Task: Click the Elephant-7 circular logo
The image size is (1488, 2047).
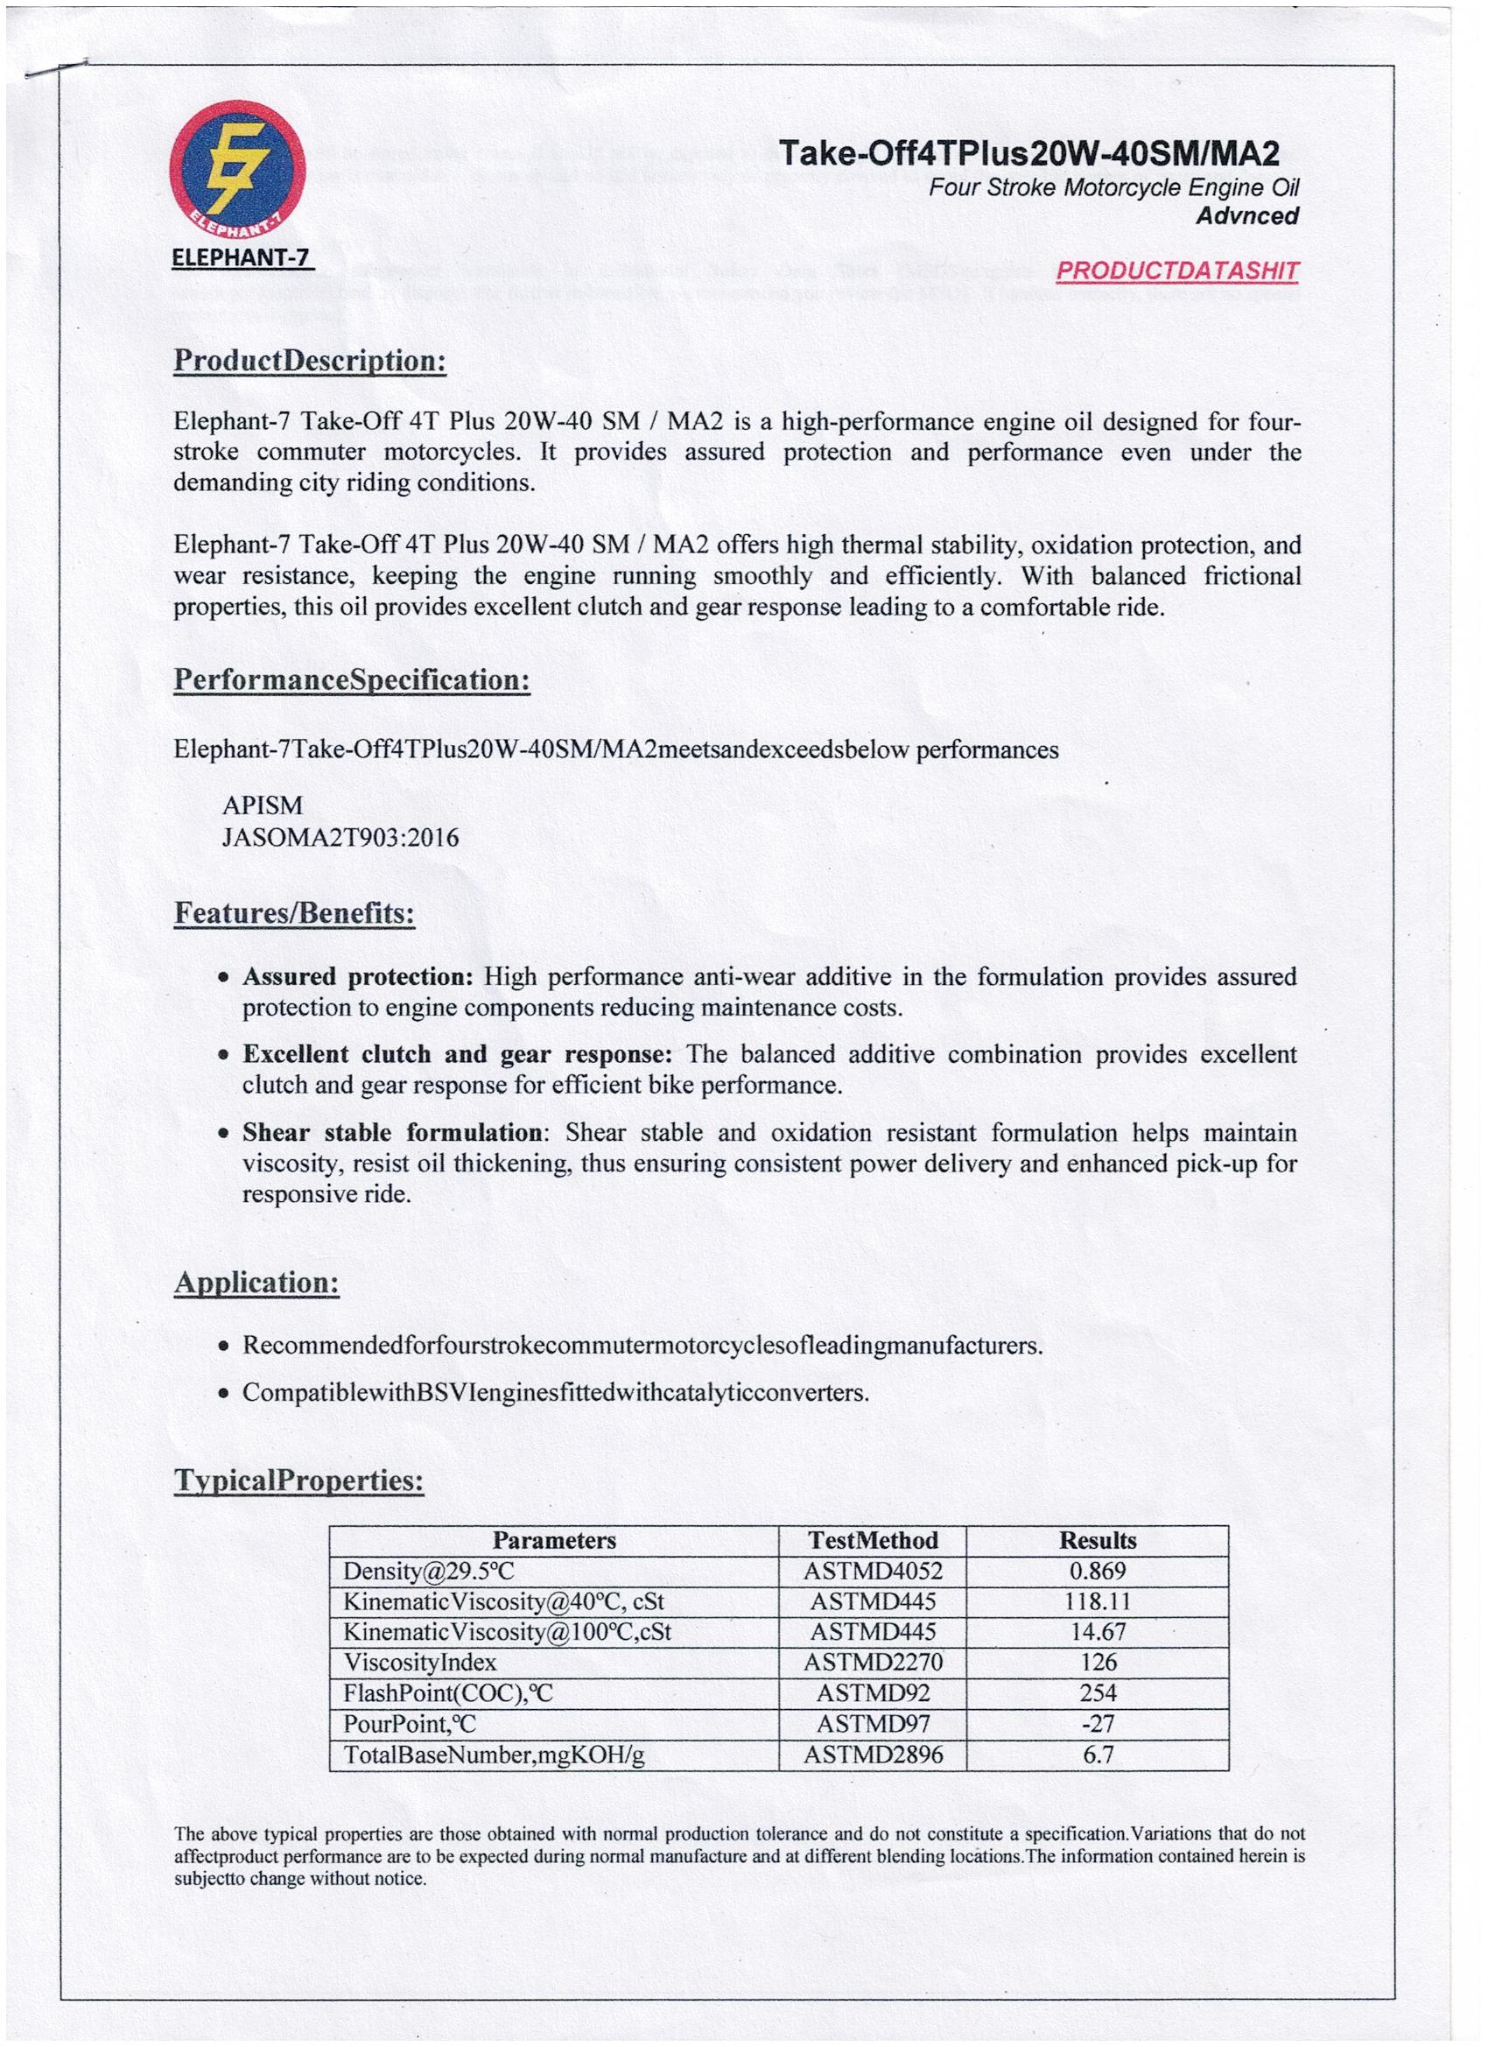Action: click(x=237, y=168)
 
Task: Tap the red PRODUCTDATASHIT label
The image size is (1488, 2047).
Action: click(x=1176, y=271)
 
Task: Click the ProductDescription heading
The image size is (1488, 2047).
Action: click(x=310, y=361)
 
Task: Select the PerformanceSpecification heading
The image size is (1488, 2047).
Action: click(x=351, y=679)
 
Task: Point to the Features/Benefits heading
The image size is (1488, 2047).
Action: click(x=294, y=913)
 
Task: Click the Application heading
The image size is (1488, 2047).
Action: click(x=256, y=1283)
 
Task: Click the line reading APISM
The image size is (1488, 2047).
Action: click(x=263, y=806)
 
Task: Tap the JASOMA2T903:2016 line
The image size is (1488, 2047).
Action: click(x=340, y=839)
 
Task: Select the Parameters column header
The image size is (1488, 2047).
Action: click(x=554, y=1541)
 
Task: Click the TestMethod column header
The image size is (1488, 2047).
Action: click(x=873, y=1541)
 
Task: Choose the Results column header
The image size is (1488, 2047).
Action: click(x=1098, y=1541)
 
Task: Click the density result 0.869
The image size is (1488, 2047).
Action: click(x=1098, y=1572)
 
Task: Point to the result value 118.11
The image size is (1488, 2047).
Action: click(x=1098, y=1602)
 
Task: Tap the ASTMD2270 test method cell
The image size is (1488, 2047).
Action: click(x=873, y=1663)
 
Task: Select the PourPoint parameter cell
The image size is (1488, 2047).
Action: click(x=410, y=1724)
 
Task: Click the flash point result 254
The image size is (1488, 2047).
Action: click(x=1098, y=1693)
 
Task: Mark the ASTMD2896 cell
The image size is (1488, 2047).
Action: click(x=873, y=1755)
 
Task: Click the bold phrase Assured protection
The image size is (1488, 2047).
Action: click(x=357, y=976)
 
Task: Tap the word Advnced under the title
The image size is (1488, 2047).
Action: click(x=1247, y=215)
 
